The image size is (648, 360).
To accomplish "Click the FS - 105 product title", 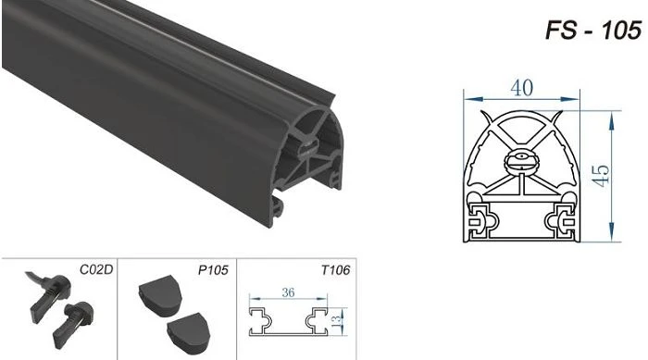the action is point(593,31).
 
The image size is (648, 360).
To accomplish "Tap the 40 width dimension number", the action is point(521,88).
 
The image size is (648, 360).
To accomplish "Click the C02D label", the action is point(96,269).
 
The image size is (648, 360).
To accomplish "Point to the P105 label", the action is point(213,270).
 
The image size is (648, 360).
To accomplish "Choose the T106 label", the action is point(335,270).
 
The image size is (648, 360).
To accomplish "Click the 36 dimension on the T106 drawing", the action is point(288,292).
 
